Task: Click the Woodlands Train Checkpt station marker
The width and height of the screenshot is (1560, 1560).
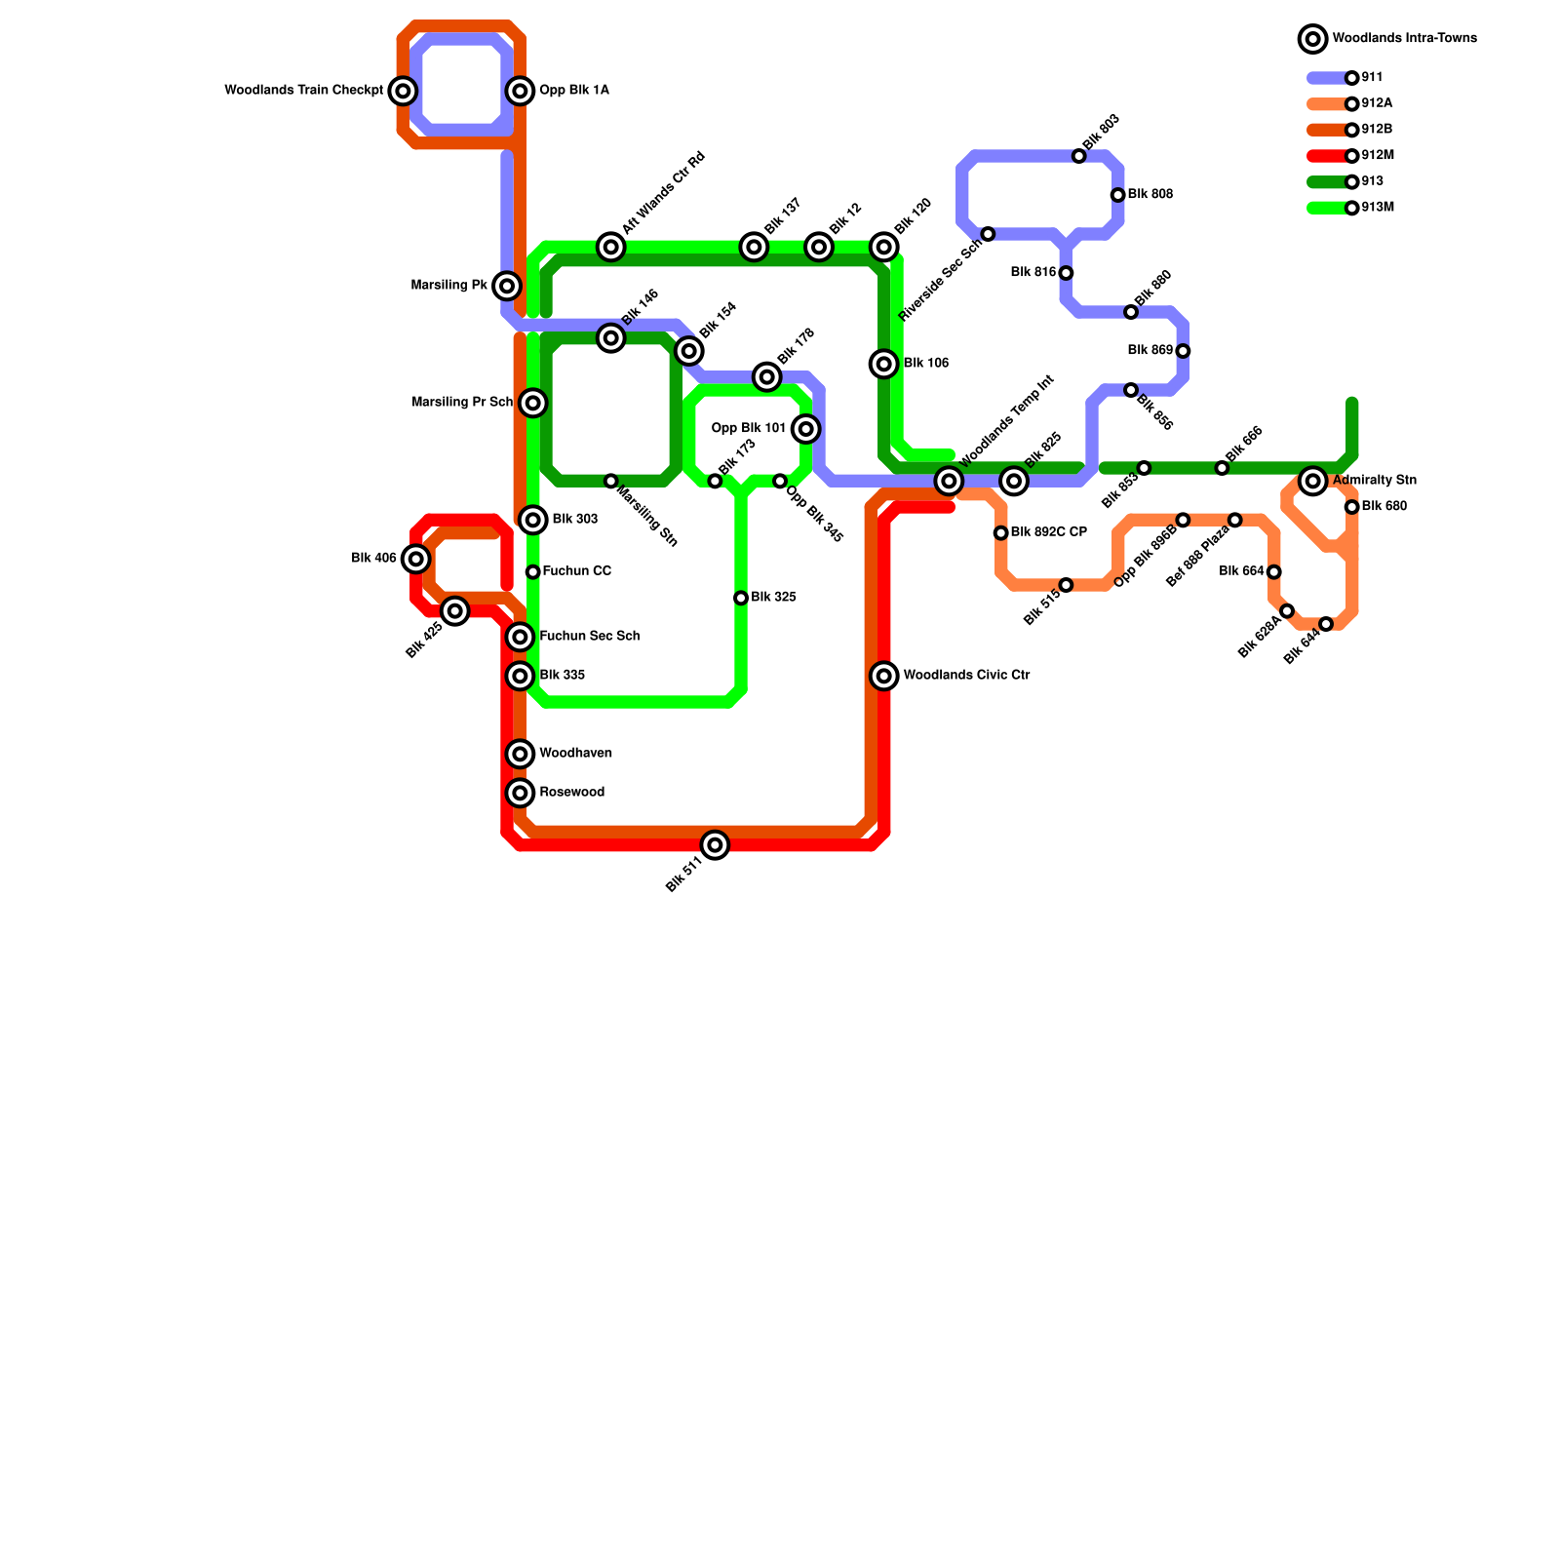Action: tap(403, 92)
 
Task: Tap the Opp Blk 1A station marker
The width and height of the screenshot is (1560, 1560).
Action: tap(521, 92)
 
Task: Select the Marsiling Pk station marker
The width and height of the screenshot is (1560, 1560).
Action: tap(507, 286)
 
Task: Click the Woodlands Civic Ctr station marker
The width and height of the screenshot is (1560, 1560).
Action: tap(884, 676)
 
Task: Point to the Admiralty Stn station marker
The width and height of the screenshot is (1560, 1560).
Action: tap(1313, 481)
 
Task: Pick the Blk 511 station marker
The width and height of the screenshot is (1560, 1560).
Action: tap(716, 845)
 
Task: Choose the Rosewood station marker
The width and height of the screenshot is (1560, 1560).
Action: tap(521, 793)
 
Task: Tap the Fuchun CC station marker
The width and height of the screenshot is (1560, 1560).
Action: tap(532, 572)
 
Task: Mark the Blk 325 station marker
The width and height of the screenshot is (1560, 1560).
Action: tap(741, 598)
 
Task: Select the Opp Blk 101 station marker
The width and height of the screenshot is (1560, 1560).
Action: tap(805, 429)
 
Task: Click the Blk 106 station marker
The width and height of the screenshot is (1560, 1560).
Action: tap(884, 364)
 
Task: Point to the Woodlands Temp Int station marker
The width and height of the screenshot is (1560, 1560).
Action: tap(949, 481)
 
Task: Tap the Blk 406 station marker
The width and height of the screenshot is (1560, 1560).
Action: tap(416, 559)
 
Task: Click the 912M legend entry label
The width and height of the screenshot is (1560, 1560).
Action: tap(1378, 156)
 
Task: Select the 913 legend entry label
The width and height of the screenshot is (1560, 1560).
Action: tap(1373, 181)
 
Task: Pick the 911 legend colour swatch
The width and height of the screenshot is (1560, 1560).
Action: tap(1327, 78)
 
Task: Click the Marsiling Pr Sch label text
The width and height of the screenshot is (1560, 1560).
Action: tap(462, 403)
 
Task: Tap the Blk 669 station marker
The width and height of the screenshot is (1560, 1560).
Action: tap(1183, 351)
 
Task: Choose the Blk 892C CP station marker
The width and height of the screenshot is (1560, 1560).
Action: tap(1000, 533)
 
